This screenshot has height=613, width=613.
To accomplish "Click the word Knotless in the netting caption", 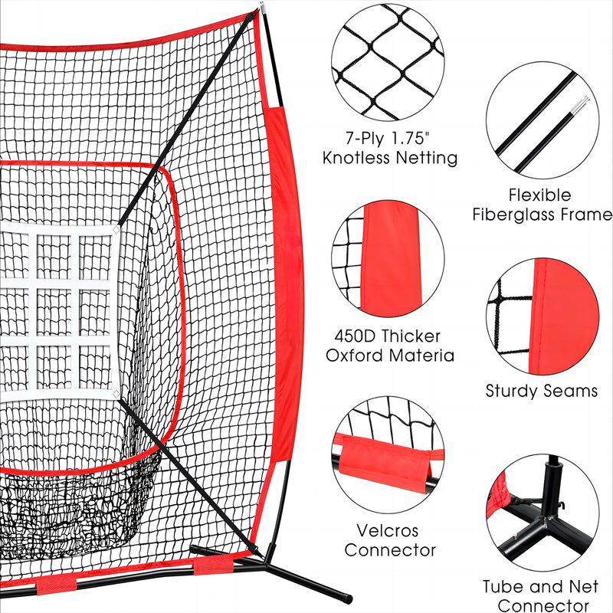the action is [356, 158].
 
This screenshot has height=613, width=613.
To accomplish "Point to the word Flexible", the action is [540, 195].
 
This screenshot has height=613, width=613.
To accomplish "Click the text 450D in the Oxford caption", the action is [356, 336].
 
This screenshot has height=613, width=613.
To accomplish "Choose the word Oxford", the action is [354, 356].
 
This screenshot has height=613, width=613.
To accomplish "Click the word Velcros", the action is [387, 530].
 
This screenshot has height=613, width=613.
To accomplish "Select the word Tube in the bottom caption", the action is [499, 586].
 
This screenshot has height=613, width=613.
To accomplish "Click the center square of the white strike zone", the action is [54, 312].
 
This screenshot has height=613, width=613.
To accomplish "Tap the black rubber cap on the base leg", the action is [347, 598].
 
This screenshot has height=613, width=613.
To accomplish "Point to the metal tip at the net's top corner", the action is [261, 6].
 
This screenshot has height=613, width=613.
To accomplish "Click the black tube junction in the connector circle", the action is [545, 522].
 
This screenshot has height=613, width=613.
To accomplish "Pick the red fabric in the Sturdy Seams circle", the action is [563, 316].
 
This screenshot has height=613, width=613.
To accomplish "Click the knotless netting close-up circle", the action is [388, 62].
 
